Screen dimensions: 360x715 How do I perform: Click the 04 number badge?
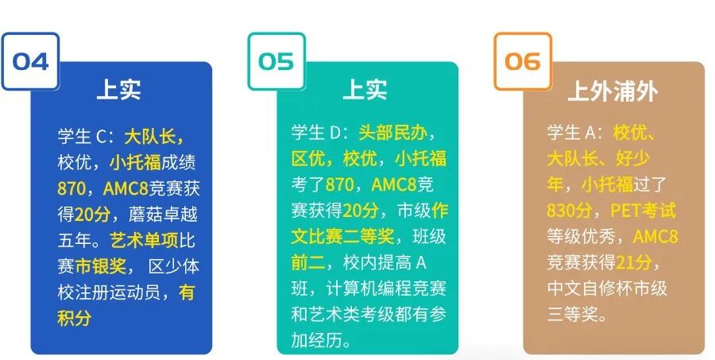click(30, 61)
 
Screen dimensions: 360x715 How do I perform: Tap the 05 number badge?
click(276, 61)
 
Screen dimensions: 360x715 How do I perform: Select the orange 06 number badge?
click(523, 61)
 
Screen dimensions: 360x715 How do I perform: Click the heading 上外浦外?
click(613, 91)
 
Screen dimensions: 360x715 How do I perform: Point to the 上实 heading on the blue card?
click(118, 89)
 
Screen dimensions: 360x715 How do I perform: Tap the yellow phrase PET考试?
click(643, 211)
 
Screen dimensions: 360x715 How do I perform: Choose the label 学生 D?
click(321, 133)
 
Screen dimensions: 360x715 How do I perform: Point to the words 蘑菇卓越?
click(160, 215)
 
